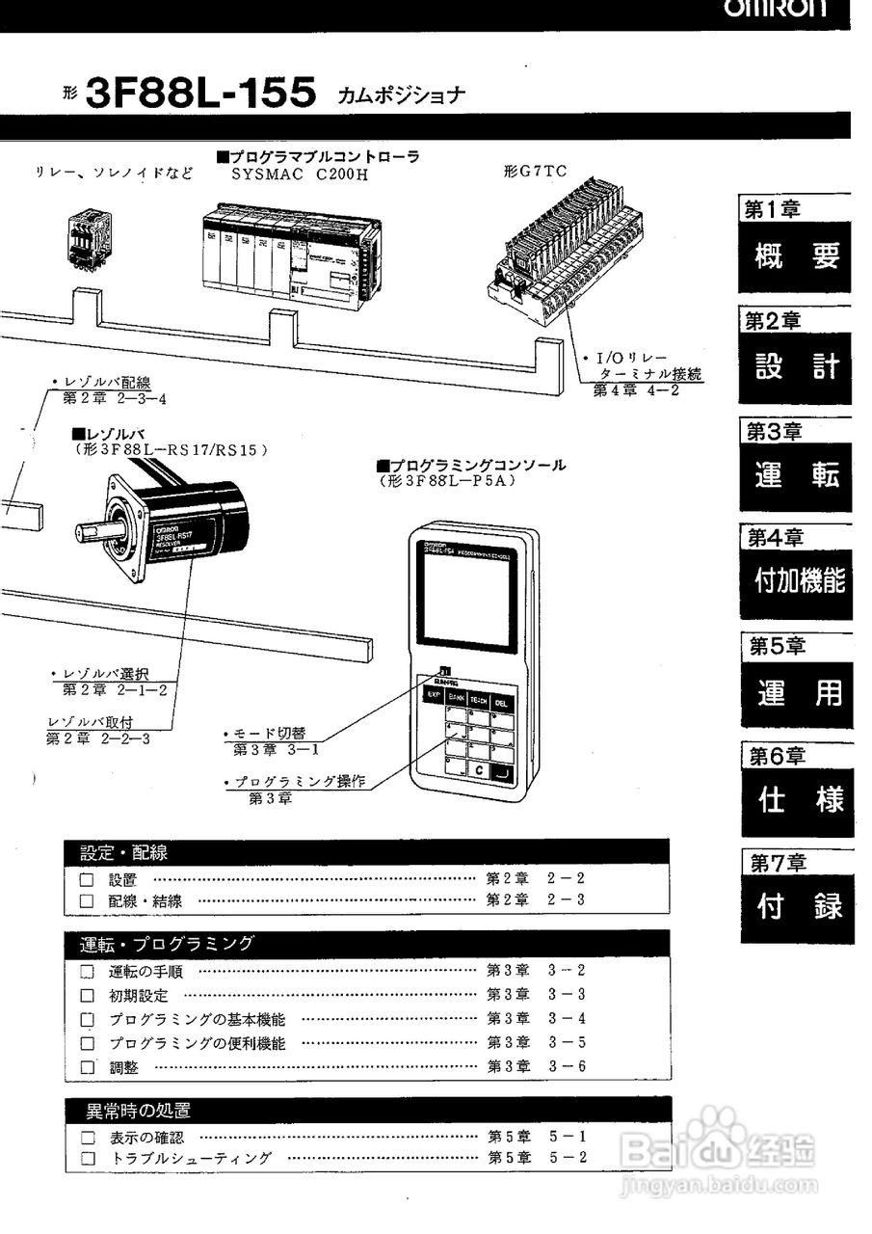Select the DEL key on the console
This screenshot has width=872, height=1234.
click(501, 703)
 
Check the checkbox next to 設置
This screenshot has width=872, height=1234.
click(87, 880)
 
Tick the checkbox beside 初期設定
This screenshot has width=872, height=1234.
click(87, 995)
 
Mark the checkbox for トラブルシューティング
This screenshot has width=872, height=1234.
click(87, 1159)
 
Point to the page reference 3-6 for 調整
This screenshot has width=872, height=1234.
click(567, 1067)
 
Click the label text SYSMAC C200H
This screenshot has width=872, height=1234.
click(285, 175)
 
